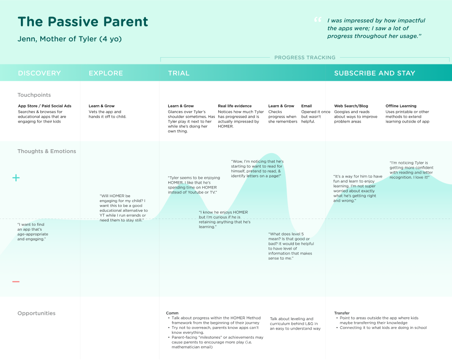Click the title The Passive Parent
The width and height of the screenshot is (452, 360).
click(83, 22)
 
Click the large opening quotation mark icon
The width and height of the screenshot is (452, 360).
click(318, 19)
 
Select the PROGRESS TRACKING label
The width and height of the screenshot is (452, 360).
click(305, 58)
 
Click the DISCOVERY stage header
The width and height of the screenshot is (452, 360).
click(39, 73)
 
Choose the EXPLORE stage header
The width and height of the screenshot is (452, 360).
click(106, 73)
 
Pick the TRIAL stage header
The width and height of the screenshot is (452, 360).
click(179, 73)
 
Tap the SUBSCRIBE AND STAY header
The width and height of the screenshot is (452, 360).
click(375, 73)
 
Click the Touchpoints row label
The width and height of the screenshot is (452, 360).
click(34, 95)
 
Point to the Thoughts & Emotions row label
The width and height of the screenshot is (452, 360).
click(47, 151)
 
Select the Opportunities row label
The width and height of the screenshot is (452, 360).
click(36, 313)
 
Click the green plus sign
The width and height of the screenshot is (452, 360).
click(16, 178)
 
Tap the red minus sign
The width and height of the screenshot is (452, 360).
click(16, 282)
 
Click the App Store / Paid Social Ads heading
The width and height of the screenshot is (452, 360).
click(45, 106)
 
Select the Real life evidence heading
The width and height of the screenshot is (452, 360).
click(235, 106)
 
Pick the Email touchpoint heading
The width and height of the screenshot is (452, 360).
click(307, 106)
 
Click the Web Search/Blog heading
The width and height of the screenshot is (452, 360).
click(351, 106)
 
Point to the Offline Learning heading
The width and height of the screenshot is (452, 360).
click(401, 106)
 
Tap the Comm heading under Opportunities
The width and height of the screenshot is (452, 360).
click(172, 313)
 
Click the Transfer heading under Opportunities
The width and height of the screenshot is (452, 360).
click(342, 313)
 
